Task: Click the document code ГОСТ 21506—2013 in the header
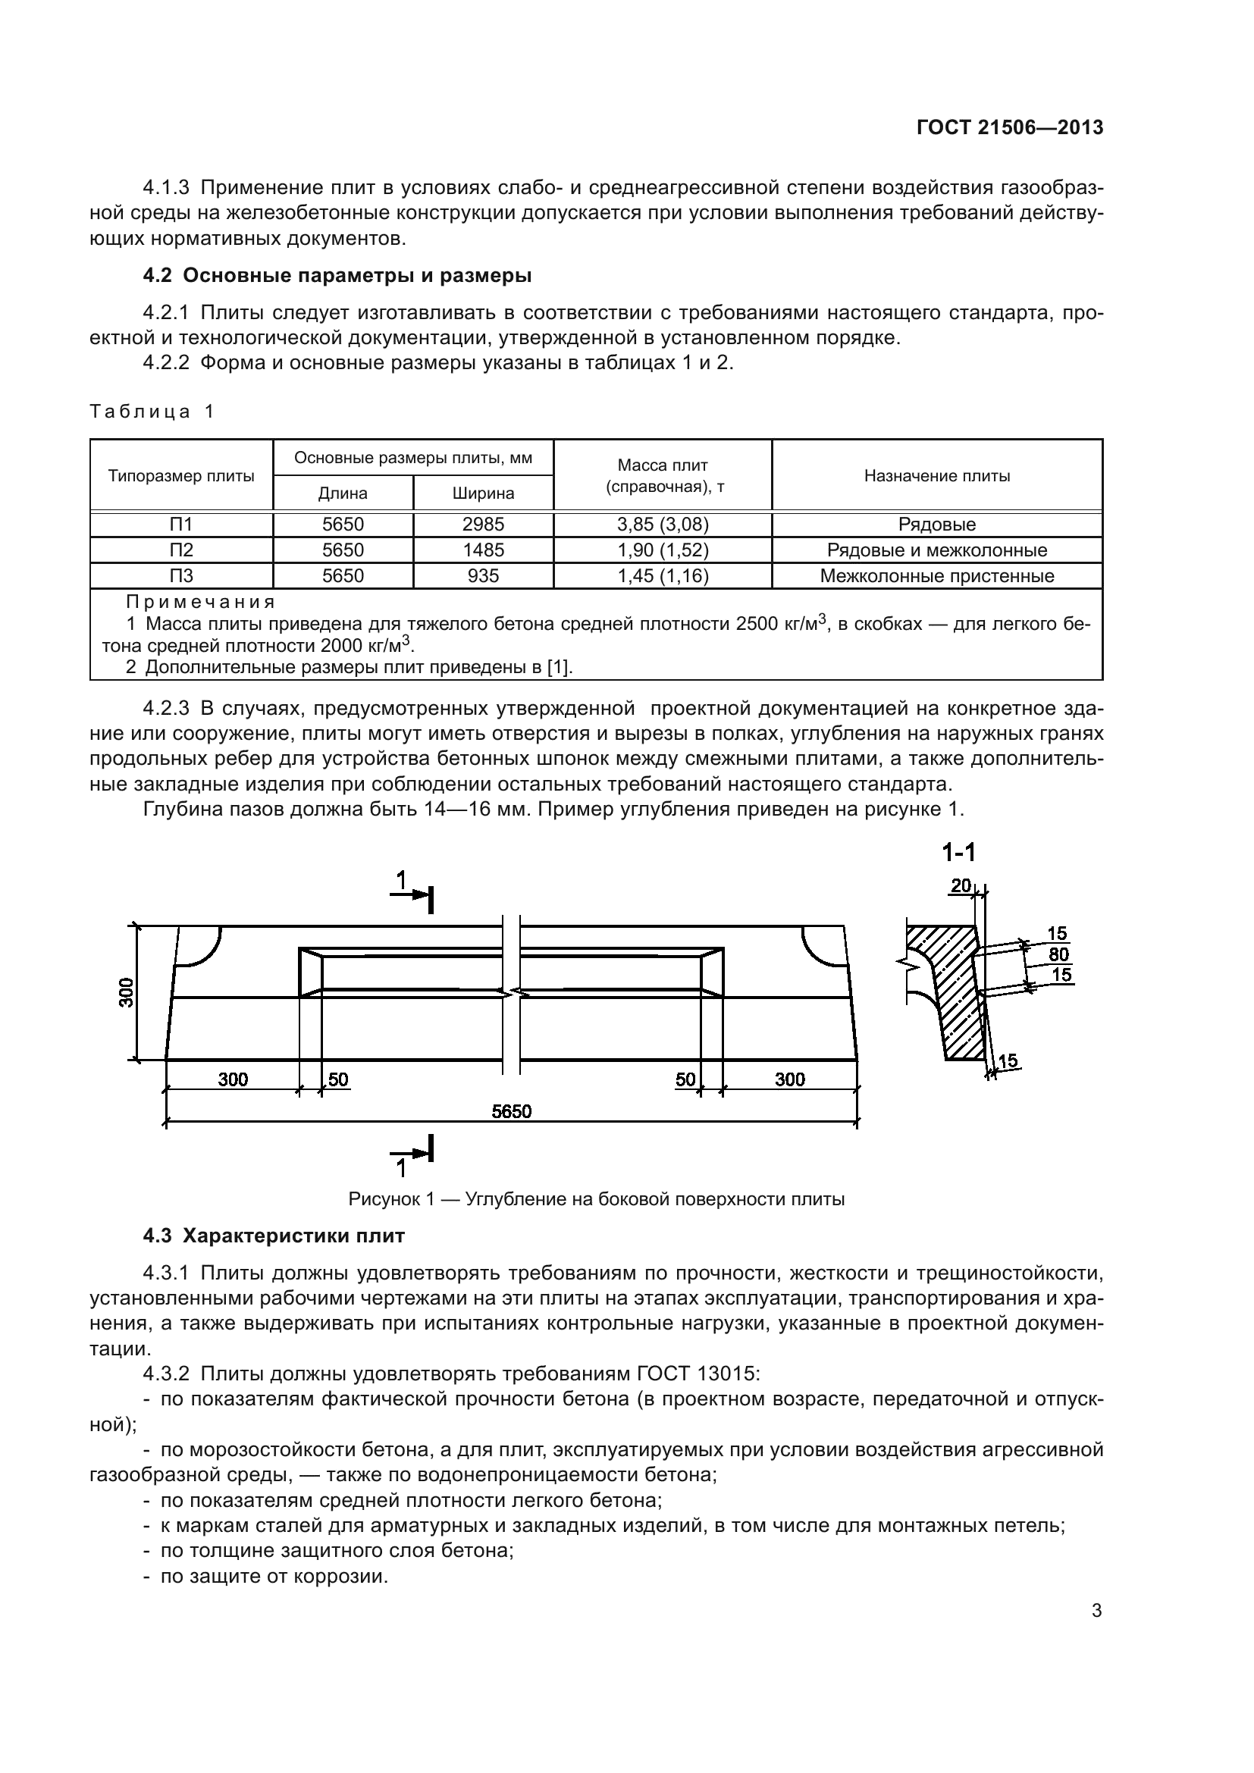(1009, 127)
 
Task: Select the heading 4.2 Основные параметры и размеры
(337, 276)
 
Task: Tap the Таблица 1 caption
(152, 412)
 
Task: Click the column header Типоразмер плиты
(181, 476)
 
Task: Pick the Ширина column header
(484, 493)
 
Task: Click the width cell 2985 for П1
(484, 525)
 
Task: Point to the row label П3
(181, 575)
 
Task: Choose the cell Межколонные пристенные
(936, 575)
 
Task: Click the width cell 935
(484, 575)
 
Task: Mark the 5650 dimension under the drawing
(511, 1111)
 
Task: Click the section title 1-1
(958, 853)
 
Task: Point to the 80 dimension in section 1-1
(1058, 954)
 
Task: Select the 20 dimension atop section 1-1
(961, 885)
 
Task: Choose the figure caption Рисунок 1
(596, 1199)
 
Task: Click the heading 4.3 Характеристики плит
(274, 1236)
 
